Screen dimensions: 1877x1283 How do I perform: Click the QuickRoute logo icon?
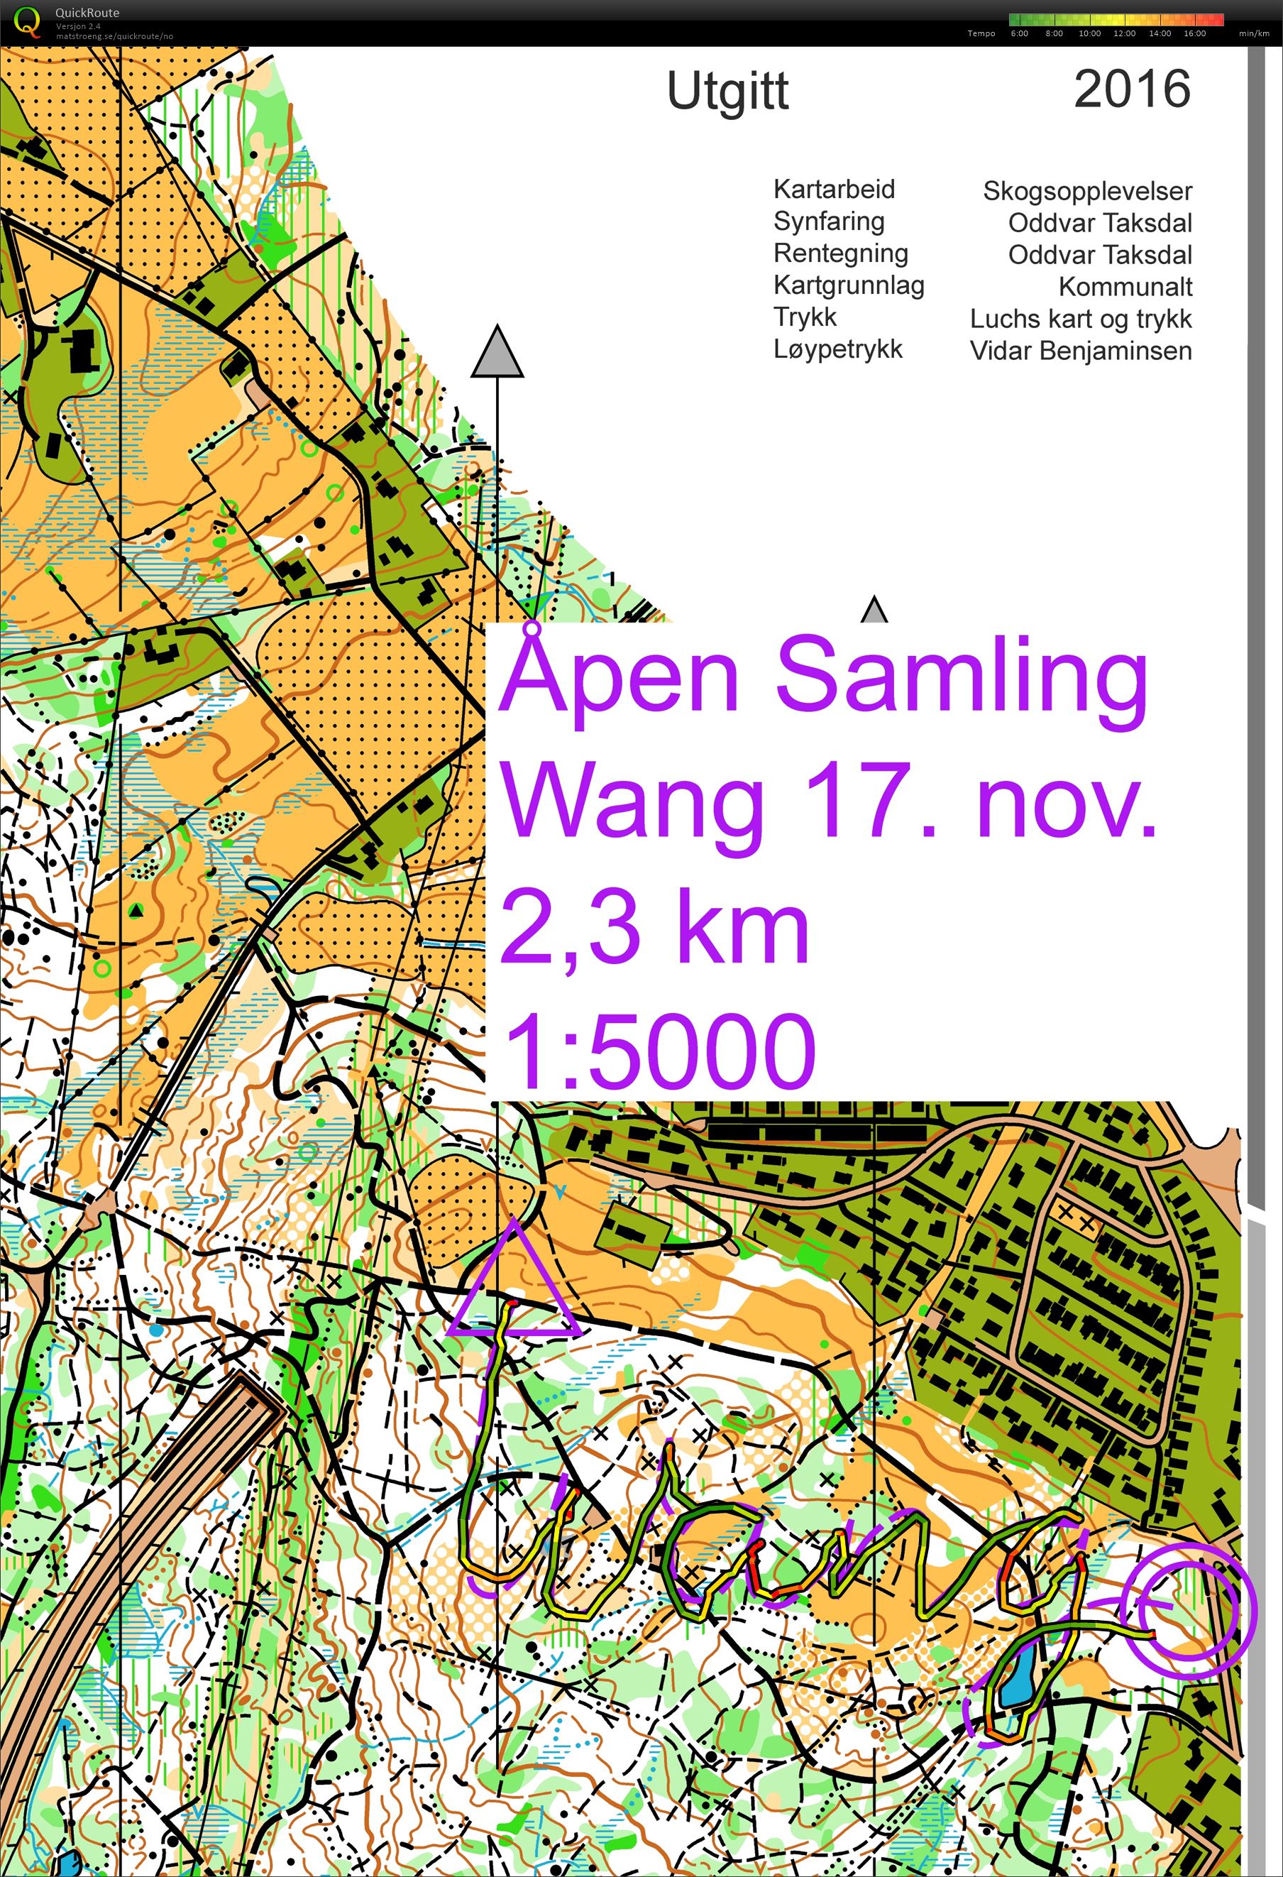pyautogui.click(x=28, y=22)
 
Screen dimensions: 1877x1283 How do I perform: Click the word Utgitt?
pyautogui.click(x=727, y=92)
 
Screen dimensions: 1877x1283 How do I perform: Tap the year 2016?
pyautogui.click(x=1132, y=89)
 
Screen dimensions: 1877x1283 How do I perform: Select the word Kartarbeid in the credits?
pyautogui.click(x=834, y=189)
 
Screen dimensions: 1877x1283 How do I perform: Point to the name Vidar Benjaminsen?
pyautogui.click(x=1080, y=351)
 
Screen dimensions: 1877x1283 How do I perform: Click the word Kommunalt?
pyautogui.click(x=1125, y=287)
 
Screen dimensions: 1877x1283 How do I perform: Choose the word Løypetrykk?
pyautogui.click(x=837, y=349)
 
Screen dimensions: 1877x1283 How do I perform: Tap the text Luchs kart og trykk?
pyautogui.click(x=1080, y=319)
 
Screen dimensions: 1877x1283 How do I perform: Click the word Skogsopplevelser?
pyautogui.click(x=1087, y=192)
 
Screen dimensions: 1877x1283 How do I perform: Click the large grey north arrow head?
pyautogui.click(x=497, y=353)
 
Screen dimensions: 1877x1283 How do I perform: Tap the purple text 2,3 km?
pyautogui.click(x=654, y=927)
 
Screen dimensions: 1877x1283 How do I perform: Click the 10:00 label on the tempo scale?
pyautogui.click(x=1089, y=34)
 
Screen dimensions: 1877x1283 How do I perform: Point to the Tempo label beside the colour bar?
pyautogui.click(x=981, y=34)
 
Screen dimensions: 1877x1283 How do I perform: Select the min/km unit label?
pyautogui.click(x=1254, y=34)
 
